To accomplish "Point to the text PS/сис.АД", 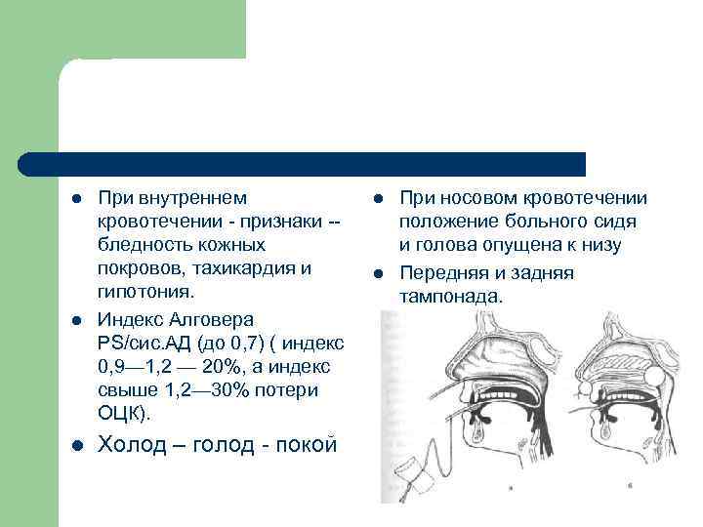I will pos(143,344).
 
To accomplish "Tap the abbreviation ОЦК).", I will pos(125,414).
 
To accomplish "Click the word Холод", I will pos(133,444).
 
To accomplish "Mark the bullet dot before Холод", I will pos(75,446).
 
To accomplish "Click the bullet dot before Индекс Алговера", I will pos(75,321).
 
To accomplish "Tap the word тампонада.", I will pos(450,296).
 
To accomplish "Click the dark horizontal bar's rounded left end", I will pos(27,164).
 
